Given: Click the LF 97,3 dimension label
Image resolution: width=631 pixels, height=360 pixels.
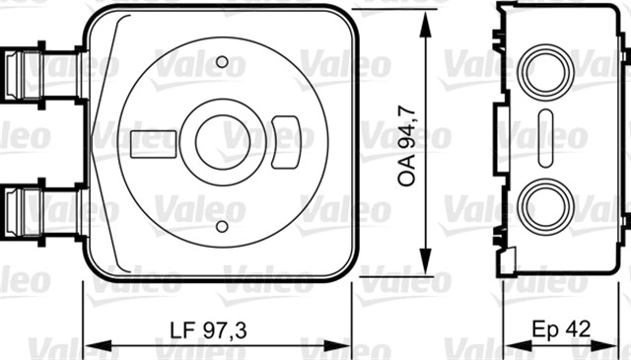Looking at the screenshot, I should [208, 328].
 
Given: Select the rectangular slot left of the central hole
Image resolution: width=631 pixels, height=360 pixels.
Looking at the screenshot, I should [150, 141].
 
